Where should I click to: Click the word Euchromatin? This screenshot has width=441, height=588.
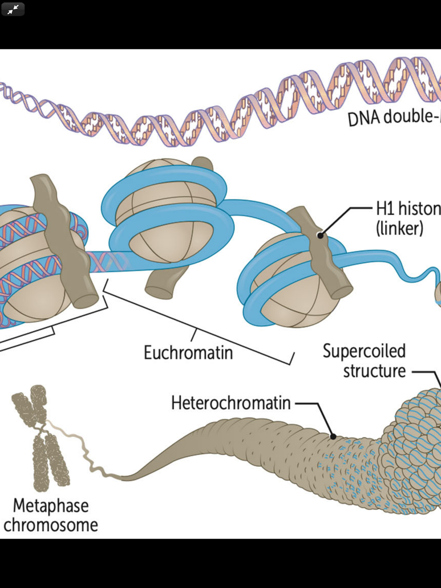[188, 353]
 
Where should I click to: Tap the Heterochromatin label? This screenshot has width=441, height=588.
[231, 403]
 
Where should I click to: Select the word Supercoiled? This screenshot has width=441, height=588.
[364, 351]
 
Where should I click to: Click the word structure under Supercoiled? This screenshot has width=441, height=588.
[374, 371]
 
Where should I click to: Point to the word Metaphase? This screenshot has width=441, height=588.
[51, 506]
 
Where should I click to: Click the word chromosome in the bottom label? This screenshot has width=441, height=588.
[51, 525]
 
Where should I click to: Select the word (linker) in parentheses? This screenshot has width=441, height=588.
[400, 228]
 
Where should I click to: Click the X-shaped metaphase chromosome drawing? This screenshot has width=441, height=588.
[41, 439]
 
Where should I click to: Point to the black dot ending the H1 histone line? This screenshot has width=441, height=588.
[321, 235]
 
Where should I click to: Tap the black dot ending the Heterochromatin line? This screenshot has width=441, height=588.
[333, 436]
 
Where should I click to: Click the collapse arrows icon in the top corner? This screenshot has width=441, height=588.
[13, 9]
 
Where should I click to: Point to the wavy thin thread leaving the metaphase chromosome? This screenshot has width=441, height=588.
[88, 454]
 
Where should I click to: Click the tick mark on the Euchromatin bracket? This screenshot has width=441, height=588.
[194, 334]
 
